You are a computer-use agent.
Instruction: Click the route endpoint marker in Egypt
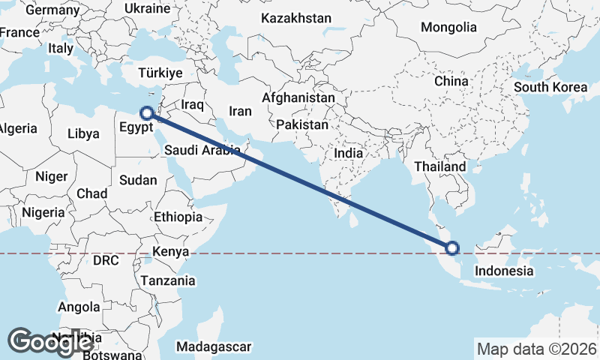147,113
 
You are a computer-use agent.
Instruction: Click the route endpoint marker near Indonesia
452,248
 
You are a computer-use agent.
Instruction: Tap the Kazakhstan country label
295,17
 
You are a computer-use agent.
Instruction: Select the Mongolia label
448,28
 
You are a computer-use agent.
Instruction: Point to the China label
451,81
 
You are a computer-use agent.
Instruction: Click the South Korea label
550,87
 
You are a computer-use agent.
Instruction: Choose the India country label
348,153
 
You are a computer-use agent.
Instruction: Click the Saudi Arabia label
202,149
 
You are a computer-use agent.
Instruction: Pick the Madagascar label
214,346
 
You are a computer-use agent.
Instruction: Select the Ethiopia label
178,217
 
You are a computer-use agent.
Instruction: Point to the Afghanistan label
298,98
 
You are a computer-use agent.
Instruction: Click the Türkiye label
160,73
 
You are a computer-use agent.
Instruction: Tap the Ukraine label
147,9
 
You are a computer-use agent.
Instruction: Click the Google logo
50,341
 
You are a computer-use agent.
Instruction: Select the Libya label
83,133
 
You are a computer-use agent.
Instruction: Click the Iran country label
240,111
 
